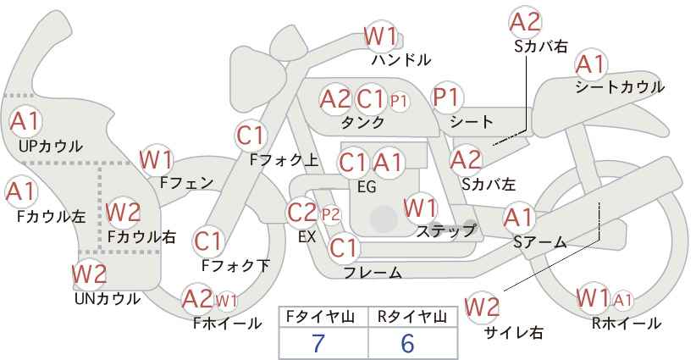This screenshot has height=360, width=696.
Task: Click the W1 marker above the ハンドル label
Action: tap(380, 36)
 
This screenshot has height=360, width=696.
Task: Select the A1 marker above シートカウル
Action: tap(591, 65)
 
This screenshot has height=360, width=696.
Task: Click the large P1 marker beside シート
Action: tap(446, 97)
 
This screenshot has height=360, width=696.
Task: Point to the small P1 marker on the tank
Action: tap(398, 101)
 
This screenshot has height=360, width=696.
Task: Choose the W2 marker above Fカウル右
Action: tap(124, 212)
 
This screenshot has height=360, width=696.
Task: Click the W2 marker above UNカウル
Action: tap(89, 274)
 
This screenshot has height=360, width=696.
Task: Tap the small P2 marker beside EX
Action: tap(331, 215)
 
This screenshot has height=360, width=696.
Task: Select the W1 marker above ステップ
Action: tap(420, 208)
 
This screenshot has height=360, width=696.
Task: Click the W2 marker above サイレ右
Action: tap(482, 307)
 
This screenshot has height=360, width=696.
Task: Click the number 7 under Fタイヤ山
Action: tap(318, 344)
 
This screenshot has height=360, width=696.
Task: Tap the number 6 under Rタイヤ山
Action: tap(407, 344)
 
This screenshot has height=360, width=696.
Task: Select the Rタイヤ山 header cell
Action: tap(412, 317)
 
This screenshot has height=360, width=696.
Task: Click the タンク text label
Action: tap(362, 122)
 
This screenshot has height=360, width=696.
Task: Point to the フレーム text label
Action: tap(373, 273)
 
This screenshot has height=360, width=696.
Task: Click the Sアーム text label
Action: tap(539, 242)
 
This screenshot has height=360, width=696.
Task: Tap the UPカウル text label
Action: tap(50, 146)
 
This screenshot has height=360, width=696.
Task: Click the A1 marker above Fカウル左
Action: tap(21, 192)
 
